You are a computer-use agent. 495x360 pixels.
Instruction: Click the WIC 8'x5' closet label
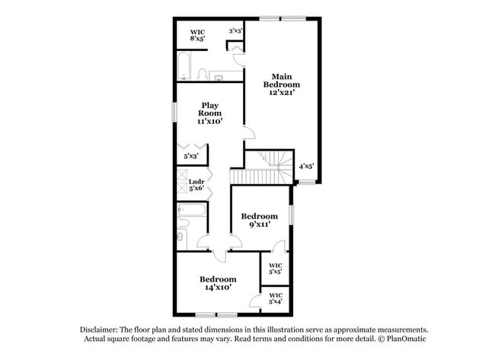(x=197, y=34)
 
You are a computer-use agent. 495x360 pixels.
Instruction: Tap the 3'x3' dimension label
(x=235, y=30)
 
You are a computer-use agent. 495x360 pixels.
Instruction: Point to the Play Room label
(x=211, y=113)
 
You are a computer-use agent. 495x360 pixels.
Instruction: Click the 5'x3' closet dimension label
(x=191, y=156)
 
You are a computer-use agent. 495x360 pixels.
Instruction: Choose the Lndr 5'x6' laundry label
(x=196, y=184)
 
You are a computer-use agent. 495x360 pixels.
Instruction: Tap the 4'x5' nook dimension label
(x=306, y=165)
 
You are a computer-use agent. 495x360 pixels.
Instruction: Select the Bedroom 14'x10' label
(x=218, y=283)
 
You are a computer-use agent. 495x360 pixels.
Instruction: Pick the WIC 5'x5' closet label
(x=275, y=268)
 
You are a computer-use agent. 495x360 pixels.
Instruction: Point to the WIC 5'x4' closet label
(x=275, y=298)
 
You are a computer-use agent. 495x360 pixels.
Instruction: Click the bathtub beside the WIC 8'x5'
(x=185, y=67)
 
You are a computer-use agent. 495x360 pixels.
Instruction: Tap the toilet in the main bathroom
(x=203, y=74)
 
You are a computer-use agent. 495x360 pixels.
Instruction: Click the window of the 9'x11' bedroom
(x=292, y=214)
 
